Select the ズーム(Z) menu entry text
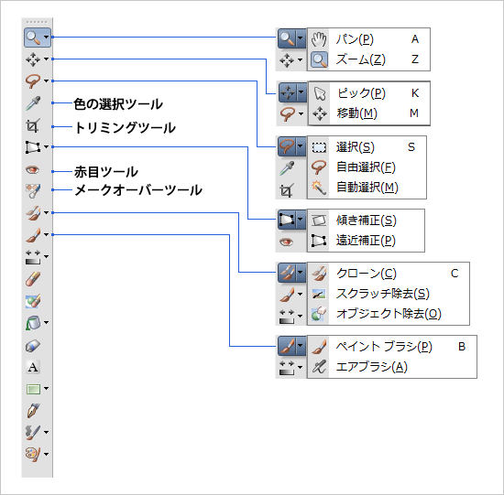[x=360, y=59]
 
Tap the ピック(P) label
[x=361, y=93]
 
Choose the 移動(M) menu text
[x=357, y=113]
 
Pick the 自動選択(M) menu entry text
[x=368, y=188]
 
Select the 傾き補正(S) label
[x=367, y=221]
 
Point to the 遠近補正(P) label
[x=367, y=242]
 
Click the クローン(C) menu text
[x=367, y=274]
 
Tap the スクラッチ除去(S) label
[x=383, y=294]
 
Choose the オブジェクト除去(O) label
[x=389, y=314]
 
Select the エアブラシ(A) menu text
[x=372, y=367]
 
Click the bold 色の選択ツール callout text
[x=118, y=104]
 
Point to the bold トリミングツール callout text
[x=125, y=127]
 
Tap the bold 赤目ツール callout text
[x=106, y=172]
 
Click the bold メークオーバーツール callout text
[x=137, y=190]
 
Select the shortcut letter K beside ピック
[x=415, y=93]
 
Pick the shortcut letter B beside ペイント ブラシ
[x=462, y=347]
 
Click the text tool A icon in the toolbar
[x=33, y=367]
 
